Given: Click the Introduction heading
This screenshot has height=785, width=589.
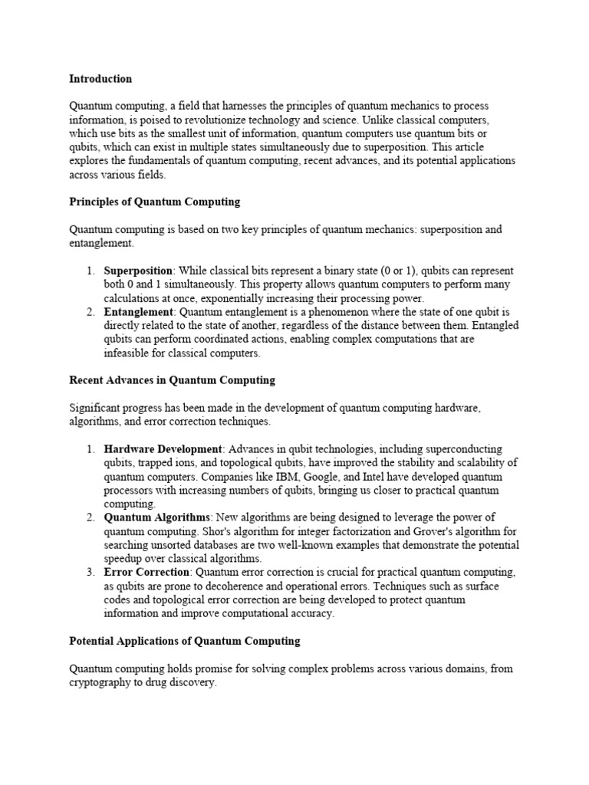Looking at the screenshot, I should coord(100,79).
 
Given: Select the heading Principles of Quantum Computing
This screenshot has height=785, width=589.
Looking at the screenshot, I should coord(154,202).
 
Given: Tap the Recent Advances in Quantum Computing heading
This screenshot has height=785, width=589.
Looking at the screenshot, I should coord(172,380).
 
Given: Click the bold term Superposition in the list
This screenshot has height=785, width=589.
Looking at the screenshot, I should coord(139,271).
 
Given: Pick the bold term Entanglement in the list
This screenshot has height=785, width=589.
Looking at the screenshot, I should coord(139,313).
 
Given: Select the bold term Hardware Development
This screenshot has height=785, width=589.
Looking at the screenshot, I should coord(163,449).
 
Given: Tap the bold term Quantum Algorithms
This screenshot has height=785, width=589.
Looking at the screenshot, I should coord(156,518).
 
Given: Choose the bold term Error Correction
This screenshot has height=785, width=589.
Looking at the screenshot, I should coord(146,573).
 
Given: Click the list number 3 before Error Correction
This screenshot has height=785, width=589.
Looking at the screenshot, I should coord(89,573).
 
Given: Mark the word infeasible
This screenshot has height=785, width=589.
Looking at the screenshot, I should coord(128,354).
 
